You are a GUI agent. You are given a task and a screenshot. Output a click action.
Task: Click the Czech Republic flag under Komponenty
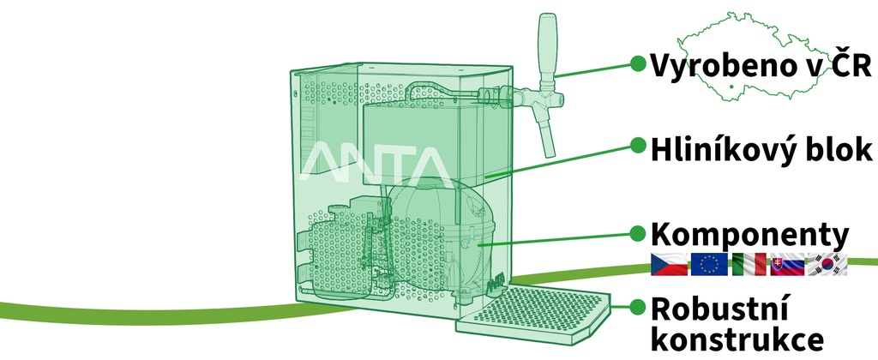click(x=669, y=264)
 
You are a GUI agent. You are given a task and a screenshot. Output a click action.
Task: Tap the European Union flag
click(x=709, y=264)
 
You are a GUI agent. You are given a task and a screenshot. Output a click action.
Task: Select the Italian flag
click(x=749, y=264)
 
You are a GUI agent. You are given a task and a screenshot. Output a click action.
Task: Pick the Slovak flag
click(x=787, y=264)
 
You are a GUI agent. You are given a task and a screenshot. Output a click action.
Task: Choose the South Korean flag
click(x=827, y=264)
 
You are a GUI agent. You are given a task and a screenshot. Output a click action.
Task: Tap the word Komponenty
click(x=749, y=237)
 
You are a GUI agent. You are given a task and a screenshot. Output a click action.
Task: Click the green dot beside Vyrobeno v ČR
click(x=637, y=63)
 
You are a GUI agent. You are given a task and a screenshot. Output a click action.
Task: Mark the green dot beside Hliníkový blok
click(x=637, y=145)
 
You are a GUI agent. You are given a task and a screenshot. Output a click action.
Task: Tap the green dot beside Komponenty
click(x=637, y=233)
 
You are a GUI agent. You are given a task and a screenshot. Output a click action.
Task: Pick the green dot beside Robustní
click(x=637, y=306)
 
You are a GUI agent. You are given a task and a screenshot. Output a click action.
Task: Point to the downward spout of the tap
click(x=546, y=135)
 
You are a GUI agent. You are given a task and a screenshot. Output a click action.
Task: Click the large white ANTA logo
click(x=376, y=163)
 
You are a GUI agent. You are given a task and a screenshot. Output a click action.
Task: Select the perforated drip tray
click(x=532, y=315)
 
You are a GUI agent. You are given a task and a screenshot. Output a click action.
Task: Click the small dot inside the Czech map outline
click(x=731, y=87)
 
